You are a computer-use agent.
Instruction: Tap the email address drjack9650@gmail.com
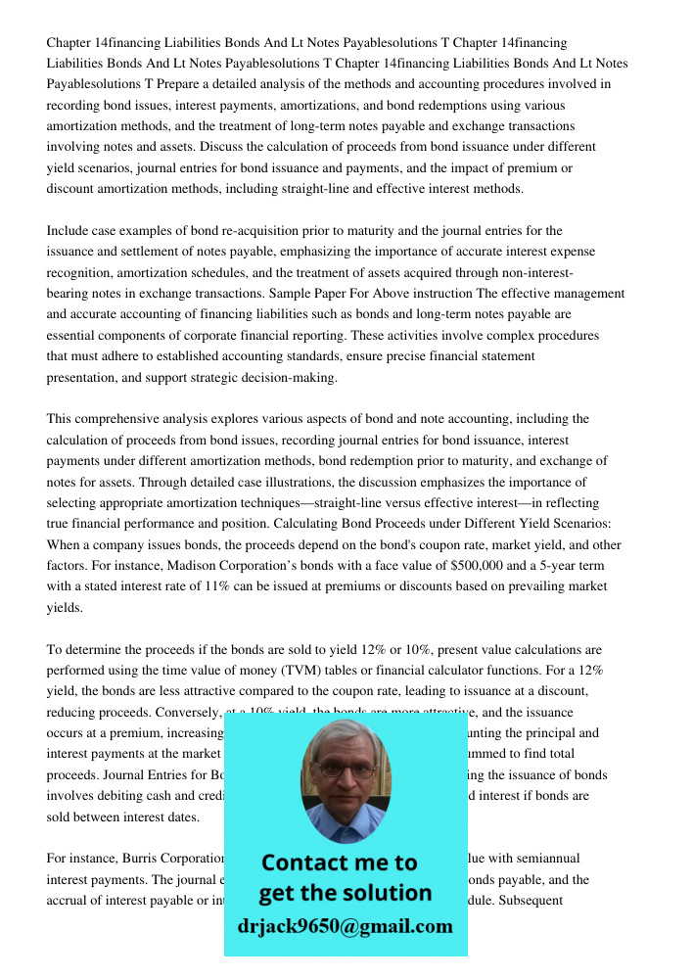pos(346,926)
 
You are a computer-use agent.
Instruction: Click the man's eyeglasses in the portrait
pos(345,769)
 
